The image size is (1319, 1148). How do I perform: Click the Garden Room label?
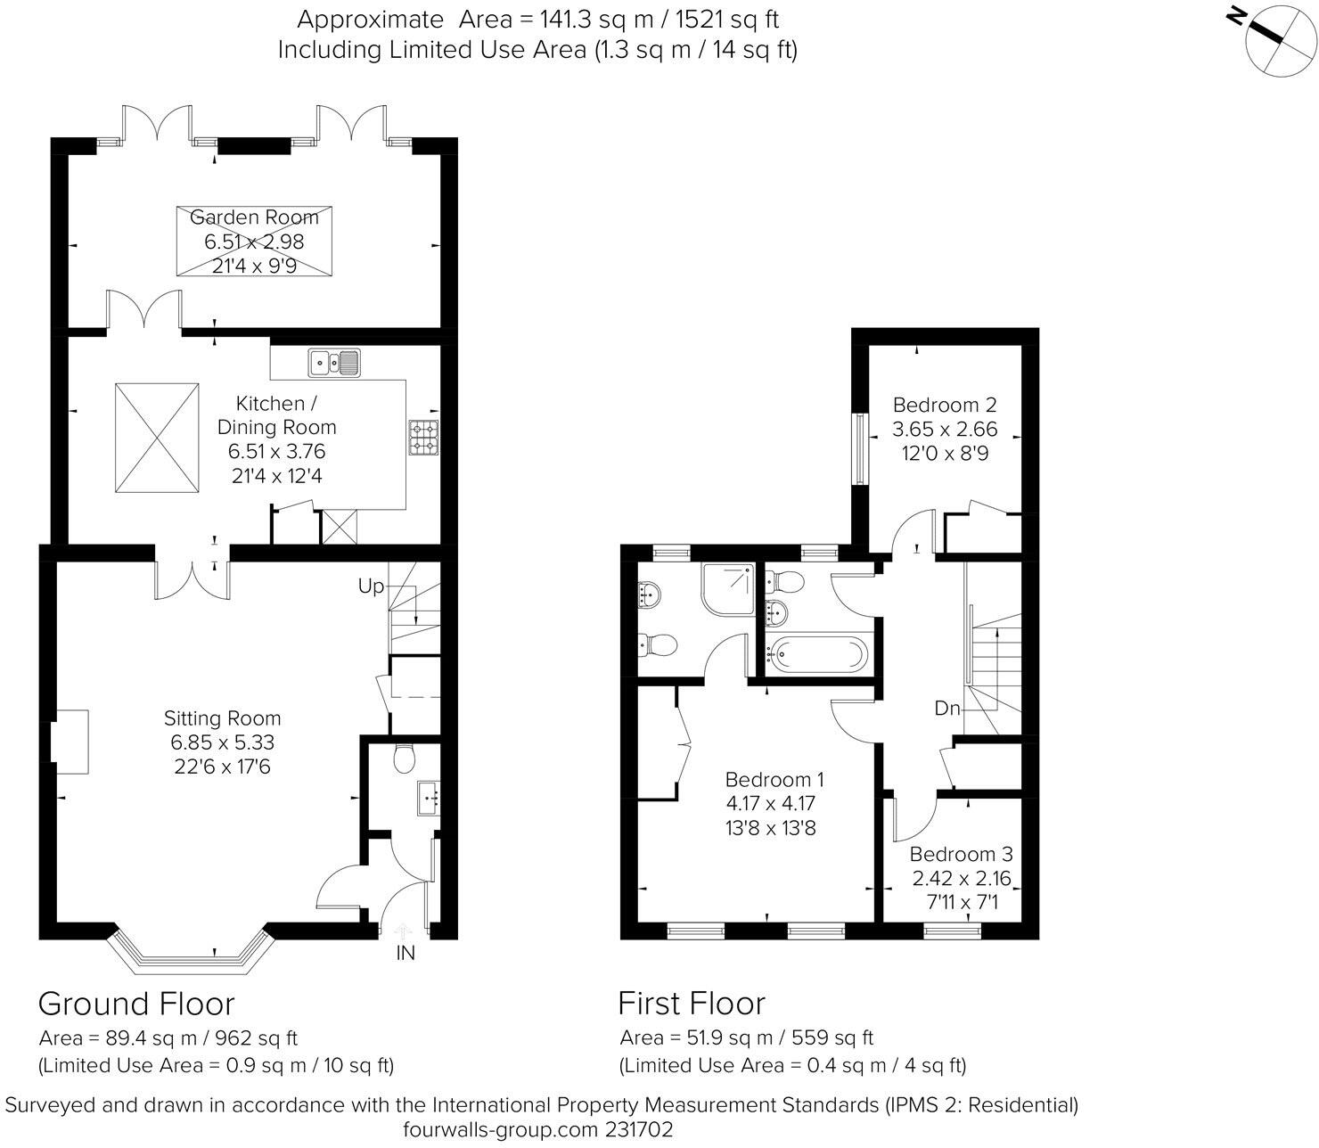pyautogui.click(x=254, y=217)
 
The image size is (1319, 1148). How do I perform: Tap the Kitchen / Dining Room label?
pyautogui.click(x=276, y=415)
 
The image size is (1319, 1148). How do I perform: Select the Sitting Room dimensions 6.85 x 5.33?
pyautogui.click(x=223, y=742)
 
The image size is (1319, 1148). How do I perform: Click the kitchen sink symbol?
pyautogui.click(x=334, y=362)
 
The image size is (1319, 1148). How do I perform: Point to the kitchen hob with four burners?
pyautogui.click(x=422, y=437)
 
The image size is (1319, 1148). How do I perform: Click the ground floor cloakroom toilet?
pyautogui.click(x=404, y=758)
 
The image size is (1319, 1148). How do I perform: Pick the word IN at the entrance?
pyautogui.click(x=406, y=953)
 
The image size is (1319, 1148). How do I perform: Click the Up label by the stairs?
pyautogui.click(x=371, y=586)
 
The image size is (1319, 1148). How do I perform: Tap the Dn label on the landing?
pyautogui.click(x=947, y=709)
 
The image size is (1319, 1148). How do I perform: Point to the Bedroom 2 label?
pyautogui.click(x=945, y=405)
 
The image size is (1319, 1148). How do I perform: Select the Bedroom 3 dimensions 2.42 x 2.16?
pyautogui.click(x=962, y=879)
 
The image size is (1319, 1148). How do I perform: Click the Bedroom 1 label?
pyautogui.click(x=774, y=779)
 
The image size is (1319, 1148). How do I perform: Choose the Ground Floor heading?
pyautogui.click(x=136, y=1004)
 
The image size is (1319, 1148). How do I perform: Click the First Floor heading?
pyautogui.click(x=692, y=1004)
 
